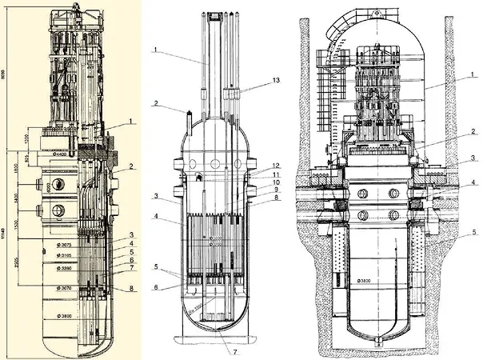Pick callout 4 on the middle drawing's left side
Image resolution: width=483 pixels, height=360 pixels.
(x=159, y=216)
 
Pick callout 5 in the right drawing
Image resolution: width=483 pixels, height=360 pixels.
(x=474, y=233)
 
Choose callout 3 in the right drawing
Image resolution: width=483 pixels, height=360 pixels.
(x=474, y=161)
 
